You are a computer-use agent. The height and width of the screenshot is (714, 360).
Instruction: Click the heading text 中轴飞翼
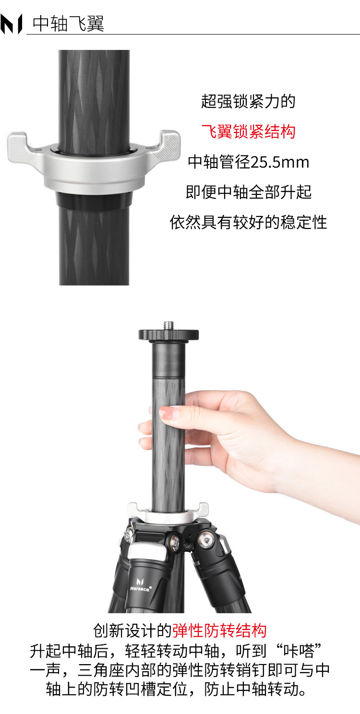click(x=68, y=24)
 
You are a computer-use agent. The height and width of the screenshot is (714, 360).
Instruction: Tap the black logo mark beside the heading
click(x=11, y=24)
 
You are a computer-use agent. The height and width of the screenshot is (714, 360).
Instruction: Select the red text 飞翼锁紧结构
click(x=248, y=131)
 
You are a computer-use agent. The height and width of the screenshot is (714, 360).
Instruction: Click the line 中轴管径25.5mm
click(x=248, y=162)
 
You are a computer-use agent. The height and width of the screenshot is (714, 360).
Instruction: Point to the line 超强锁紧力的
click(x=248, y=101)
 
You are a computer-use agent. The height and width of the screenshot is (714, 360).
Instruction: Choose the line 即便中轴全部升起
click(x=248, y=192)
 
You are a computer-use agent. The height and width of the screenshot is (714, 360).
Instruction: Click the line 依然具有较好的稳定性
click(x=248, y=222)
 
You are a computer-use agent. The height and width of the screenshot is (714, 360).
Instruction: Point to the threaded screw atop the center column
click(x=168, y=325)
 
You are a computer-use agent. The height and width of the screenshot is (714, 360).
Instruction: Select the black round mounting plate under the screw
click(x=168, y=335)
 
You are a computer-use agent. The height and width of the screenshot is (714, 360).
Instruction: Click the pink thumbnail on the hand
click(x=169, y=414)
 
